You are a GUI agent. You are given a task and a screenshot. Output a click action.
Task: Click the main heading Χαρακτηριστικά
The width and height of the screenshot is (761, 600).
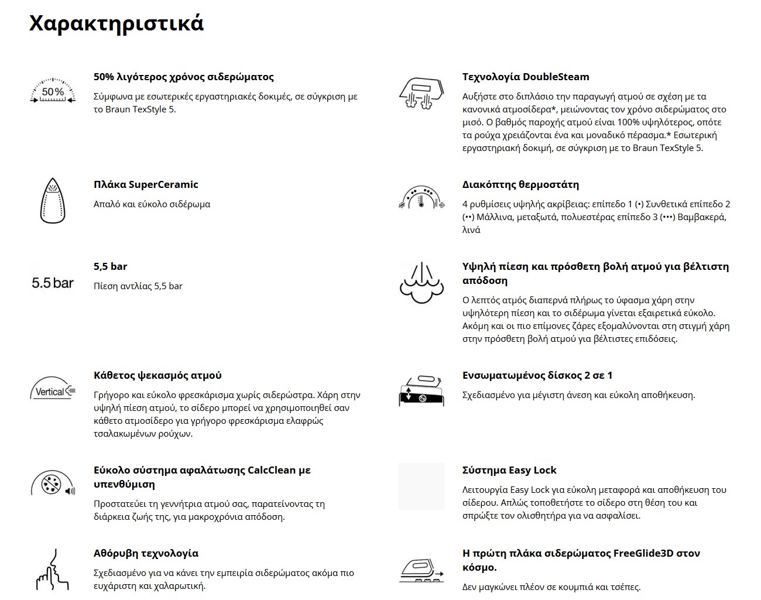point(116,23)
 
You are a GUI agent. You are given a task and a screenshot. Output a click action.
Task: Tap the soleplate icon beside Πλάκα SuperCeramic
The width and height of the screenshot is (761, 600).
point(53,200)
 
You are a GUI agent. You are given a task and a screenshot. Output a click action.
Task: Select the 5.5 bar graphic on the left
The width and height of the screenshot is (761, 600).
point(53,283)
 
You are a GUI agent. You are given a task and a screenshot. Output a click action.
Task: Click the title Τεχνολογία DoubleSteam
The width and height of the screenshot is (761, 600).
point(526,77)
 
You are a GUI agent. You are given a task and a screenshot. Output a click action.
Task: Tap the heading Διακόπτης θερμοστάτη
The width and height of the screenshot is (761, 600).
point(520,184)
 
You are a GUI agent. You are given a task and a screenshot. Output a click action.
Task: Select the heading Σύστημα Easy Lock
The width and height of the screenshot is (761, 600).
point(509,470)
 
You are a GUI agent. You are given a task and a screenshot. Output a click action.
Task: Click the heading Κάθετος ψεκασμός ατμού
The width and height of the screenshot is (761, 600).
point(157,375)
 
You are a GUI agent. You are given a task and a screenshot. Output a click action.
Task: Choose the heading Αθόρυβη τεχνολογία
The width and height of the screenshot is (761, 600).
point(146,553)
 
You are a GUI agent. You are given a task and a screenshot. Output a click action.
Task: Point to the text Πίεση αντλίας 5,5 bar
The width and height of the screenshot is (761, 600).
point(138,286)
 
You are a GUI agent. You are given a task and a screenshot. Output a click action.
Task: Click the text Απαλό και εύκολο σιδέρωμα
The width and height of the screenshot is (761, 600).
point(152,204)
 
